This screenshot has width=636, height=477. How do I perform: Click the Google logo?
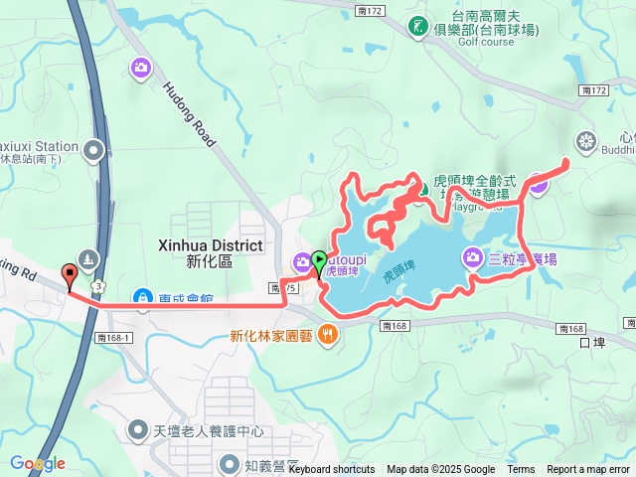[x=38, y=463]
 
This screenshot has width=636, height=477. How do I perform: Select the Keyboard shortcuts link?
[x=332, y=470]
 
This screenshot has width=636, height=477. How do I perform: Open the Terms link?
[x=521, y=470]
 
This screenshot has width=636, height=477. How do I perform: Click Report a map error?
[x=588, y=470]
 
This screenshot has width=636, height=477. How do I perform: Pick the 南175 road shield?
[x=279, y=288]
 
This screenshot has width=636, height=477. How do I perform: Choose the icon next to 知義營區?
[x=231, y=463]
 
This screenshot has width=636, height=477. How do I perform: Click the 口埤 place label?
[x=590, y=344]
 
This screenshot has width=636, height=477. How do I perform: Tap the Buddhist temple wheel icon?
[x=585, y=141]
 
